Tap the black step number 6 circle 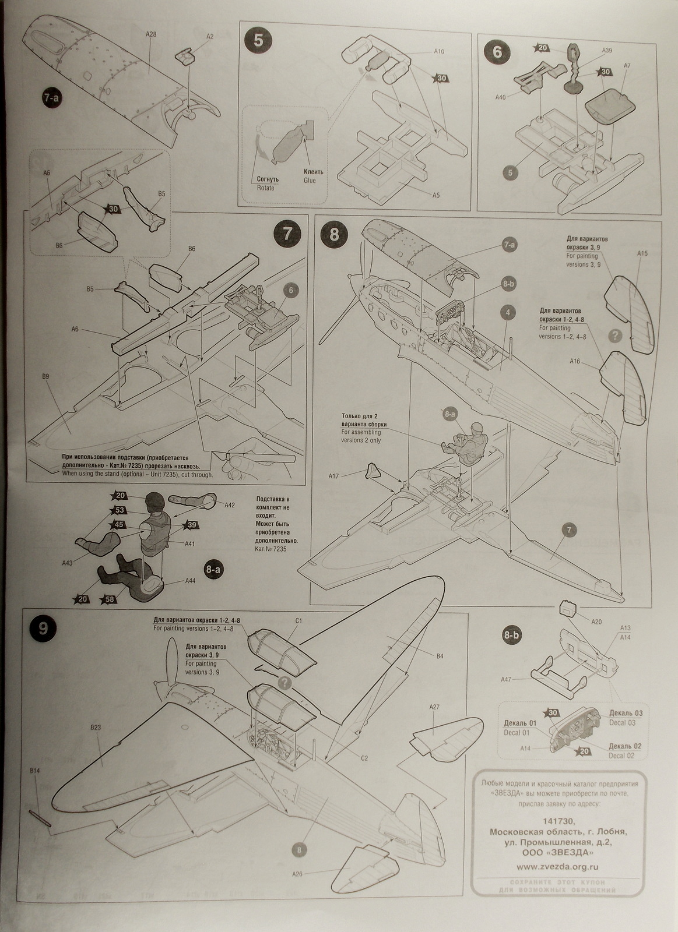coord(497,51)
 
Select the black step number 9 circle coord(43,627)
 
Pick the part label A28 coord(150,34)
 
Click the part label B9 coord(45,376)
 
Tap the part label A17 coord(333,476)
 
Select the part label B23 coord(96,727)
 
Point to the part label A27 coord(434,707)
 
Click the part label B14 coord(34,771)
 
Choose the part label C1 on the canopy coord(298,621)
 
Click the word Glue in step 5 coord(310,181)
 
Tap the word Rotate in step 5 coord(265,188)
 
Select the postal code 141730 coord(558,820)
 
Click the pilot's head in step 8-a coord(156,500)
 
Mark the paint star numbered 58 coord(108,599)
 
